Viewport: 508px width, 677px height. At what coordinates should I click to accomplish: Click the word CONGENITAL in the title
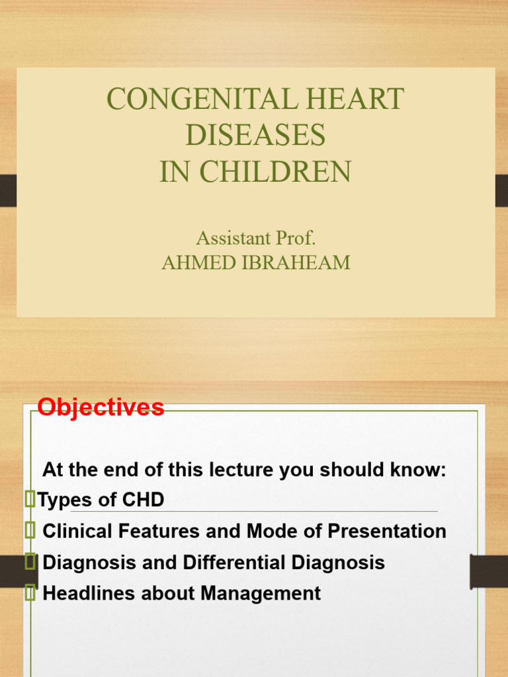click(202, 99)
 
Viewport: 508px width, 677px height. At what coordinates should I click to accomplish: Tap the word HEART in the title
click(355, 99)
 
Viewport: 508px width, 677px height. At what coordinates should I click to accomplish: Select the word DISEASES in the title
click(255, 135)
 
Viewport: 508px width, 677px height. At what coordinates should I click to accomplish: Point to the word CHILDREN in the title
click(275, 171)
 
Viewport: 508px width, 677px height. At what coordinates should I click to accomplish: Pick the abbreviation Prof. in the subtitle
click(296, 238)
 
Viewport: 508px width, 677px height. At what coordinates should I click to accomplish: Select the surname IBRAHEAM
click(296, 262)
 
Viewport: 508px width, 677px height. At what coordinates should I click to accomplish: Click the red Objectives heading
click(101, 407)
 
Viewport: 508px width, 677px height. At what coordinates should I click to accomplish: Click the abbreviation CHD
click(143, 500)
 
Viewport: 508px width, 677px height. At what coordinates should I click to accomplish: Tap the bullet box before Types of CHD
click(30, 498)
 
